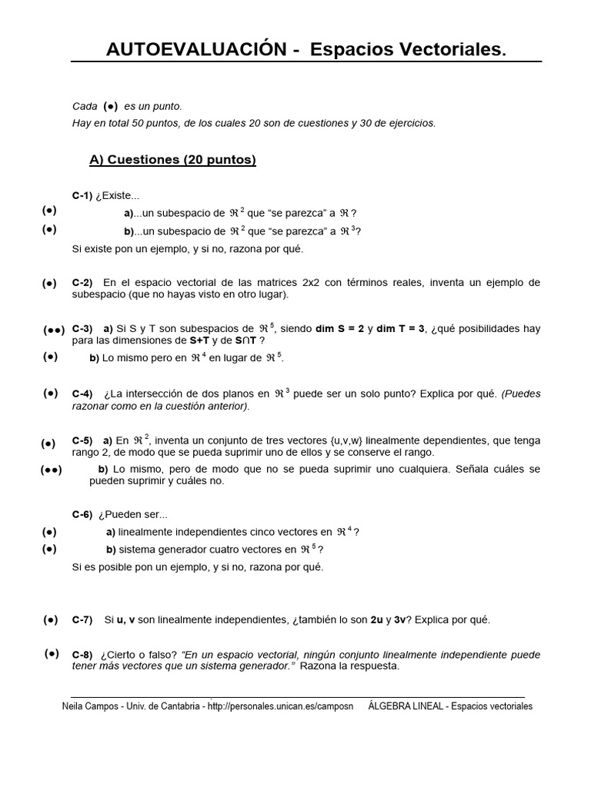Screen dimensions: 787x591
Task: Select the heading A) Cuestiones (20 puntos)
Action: pyautogui.click(x=172, y=160)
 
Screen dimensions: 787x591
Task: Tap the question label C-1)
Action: pyautogui.click(x=82, y=196)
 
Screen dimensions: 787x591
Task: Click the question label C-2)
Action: pyautogui.click(x=82, y=283)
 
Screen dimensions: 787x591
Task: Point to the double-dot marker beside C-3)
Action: pyautogui.click(x=53, y=330)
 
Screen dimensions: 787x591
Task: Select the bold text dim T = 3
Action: pyautogui.click(x=401, y=329)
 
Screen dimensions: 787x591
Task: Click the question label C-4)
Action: pyautogui.click(x=82, y=394)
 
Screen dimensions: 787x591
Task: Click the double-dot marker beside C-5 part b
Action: pyautogui.click(x=51, y=470)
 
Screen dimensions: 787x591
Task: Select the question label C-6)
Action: pyautogui.click(x=82, y=515)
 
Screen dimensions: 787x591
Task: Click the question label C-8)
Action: pyautogui.click(x=82, y=655)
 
